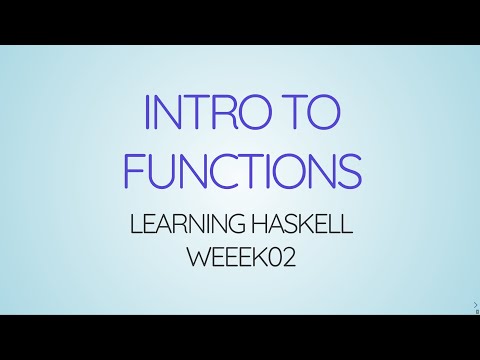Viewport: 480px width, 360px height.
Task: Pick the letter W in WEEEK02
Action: [198, 257]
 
